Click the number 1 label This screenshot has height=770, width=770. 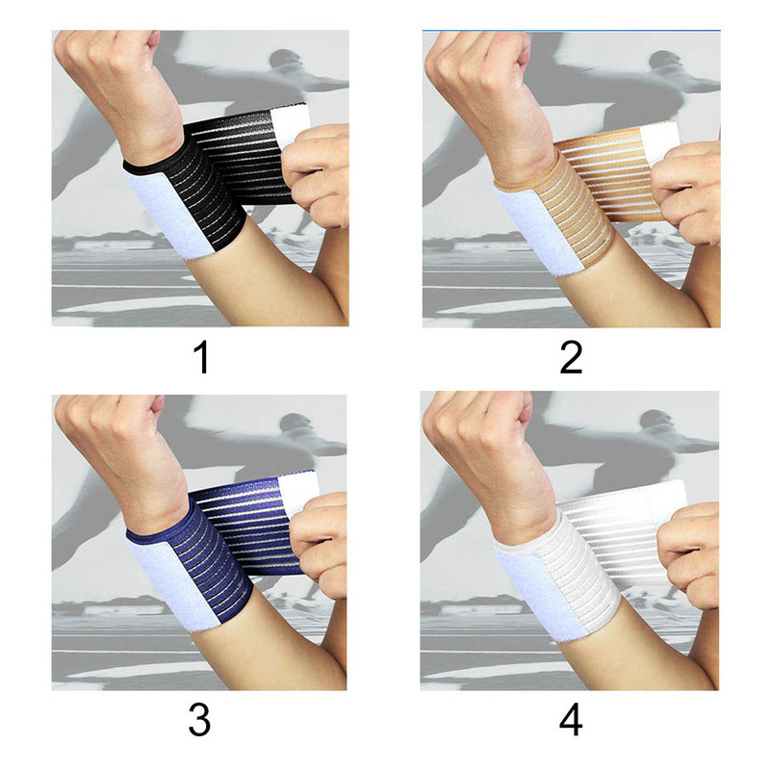tap(200, 357)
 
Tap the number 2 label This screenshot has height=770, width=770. tap(572, 357)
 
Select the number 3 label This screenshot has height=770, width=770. tap(200, 719)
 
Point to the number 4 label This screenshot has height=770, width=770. tap(572, 719)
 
